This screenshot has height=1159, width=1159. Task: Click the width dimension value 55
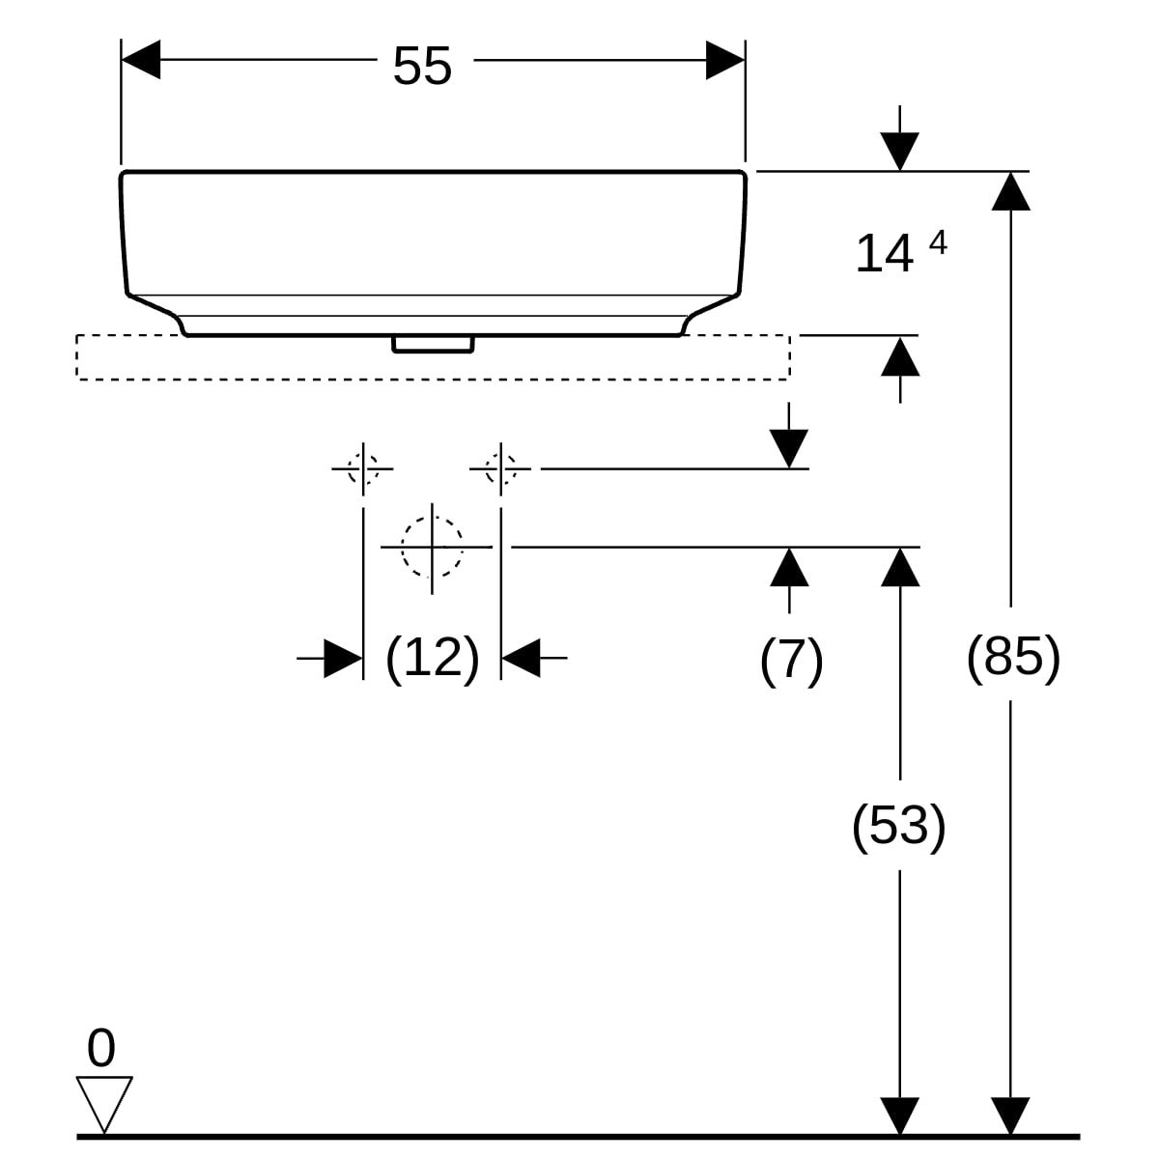[422, 67]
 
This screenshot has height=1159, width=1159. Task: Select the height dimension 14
[884, 254]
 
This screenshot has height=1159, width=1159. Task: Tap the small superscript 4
[937, 243]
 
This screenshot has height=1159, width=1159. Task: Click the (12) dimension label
[432, 659]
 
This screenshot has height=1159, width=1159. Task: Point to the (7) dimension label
[791, 661]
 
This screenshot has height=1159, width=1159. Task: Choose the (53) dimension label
[898, 826]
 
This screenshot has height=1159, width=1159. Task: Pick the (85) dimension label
[1013, 658]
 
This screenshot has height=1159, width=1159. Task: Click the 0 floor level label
[100, 1048]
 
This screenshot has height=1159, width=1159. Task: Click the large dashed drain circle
[432, 547]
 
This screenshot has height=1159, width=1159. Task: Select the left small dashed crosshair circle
[363, 469]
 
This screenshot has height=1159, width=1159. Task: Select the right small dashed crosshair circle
[500, 469]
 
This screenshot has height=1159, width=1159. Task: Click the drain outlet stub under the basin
[433, 344]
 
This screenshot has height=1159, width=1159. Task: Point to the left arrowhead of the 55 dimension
[140, 61]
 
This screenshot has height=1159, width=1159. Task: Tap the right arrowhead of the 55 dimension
[725, 61]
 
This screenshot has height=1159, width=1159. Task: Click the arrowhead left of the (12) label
[343, 659]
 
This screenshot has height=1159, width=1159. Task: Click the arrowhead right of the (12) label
[521, 659]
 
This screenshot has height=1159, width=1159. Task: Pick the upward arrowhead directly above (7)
[790, 566]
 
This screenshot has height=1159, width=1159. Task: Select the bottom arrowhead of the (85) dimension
[1010, 1116]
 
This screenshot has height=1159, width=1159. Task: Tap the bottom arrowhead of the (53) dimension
[900, 1116]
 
